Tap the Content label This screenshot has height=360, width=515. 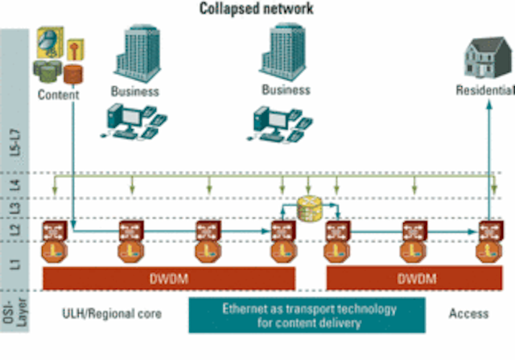tap(58, 94)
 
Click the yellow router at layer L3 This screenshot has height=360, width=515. tap(310, 208)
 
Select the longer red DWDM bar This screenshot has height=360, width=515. tap(169, 279)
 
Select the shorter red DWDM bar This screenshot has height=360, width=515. tap(415, 279)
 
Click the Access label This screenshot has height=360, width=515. tap(468, 313)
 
